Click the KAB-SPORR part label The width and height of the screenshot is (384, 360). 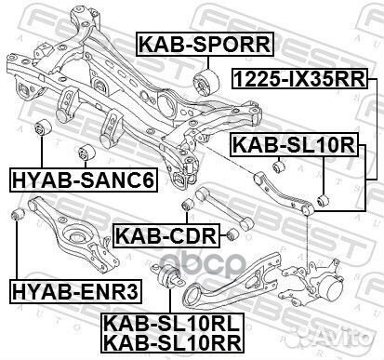205,42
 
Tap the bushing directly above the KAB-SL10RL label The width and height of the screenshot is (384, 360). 171,276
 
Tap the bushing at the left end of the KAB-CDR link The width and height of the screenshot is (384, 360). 188,202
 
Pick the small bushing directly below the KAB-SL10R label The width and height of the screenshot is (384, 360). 276,165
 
